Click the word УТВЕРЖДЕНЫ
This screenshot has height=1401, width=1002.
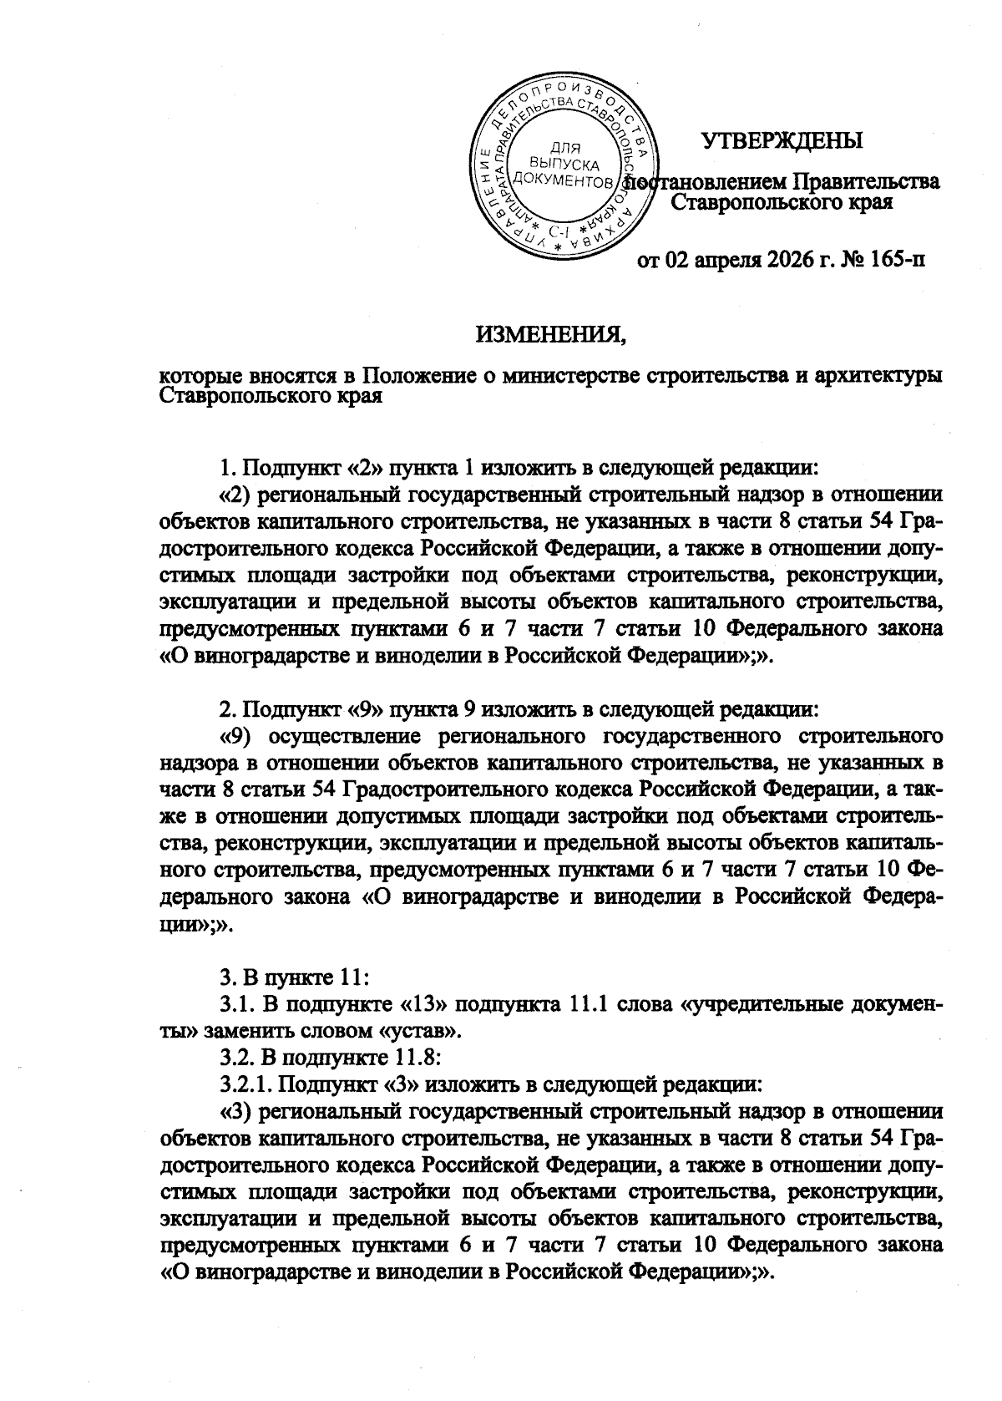click(782, 140)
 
